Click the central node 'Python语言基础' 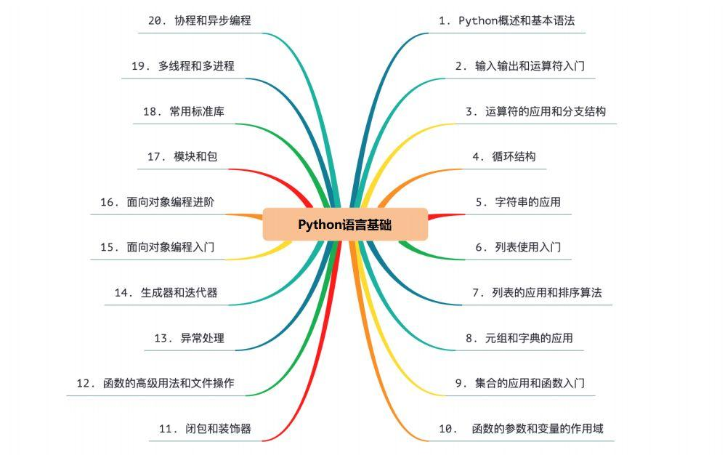click(345, 225)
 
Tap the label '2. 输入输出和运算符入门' click(520, 66)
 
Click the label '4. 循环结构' click(504, 156)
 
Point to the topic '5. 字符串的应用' click(518, 202)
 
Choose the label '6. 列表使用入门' click(518, 247)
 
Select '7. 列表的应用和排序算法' click(537, 293)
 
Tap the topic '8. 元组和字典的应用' click(519, 338)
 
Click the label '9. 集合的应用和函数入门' click(520, 383)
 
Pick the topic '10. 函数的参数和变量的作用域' click(521, 429)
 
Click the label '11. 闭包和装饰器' click(205, 429)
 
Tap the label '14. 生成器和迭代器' click(166, 293)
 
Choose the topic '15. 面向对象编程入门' click(157, 247)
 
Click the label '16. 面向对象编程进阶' click(157, 202)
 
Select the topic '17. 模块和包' click(182, 156)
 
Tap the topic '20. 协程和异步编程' click(199, 21)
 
